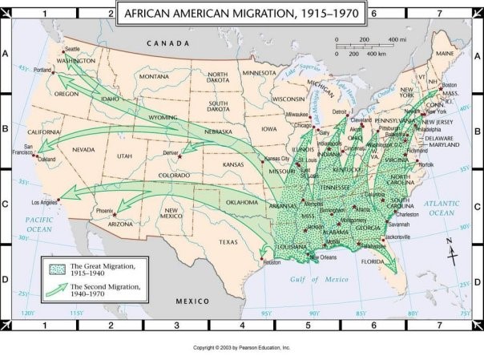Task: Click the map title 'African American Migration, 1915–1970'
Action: tap(241, 14)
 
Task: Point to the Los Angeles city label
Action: tap(45, 203)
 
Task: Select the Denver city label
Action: tap(170, 152)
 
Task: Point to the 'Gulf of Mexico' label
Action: tap(317, 279)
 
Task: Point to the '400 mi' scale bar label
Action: tap(397, 39)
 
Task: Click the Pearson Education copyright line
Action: tap(241, 348)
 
